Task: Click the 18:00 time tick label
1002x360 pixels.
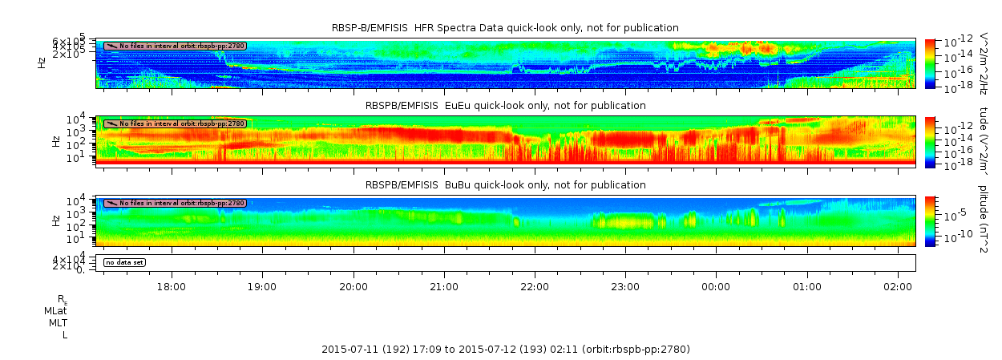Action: tap(172, 286)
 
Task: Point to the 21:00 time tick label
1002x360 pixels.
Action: tap(444, 286)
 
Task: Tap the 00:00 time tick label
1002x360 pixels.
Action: tap(716, 286)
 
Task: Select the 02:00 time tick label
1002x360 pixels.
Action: tap(898, 286)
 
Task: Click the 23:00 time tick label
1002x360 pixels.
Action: tap(625, 286)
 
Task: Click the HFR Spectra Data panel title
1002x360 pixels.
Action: tap(505, 28)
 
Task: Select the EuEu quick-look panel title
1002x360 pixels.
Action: tap(505, 106)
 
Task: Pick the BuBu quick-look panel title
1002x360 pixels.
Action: tap(505, 184)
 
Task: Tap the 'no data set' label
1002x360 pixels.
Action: tap(124, 262)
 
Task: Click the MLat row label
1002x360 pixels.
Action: tap(55, 310)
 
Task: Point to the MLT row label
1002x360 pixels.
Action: tap(57, 322)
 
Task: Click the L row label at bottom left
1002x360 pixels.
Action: tap(64, 334)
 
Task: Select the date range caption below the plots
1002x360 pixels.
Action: tap(505, 350)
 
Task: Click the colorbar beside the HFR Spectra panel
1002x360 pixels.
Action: tap(930, 63)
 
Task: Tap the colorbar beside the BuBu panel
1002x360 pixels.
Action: tap(930, 220)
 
